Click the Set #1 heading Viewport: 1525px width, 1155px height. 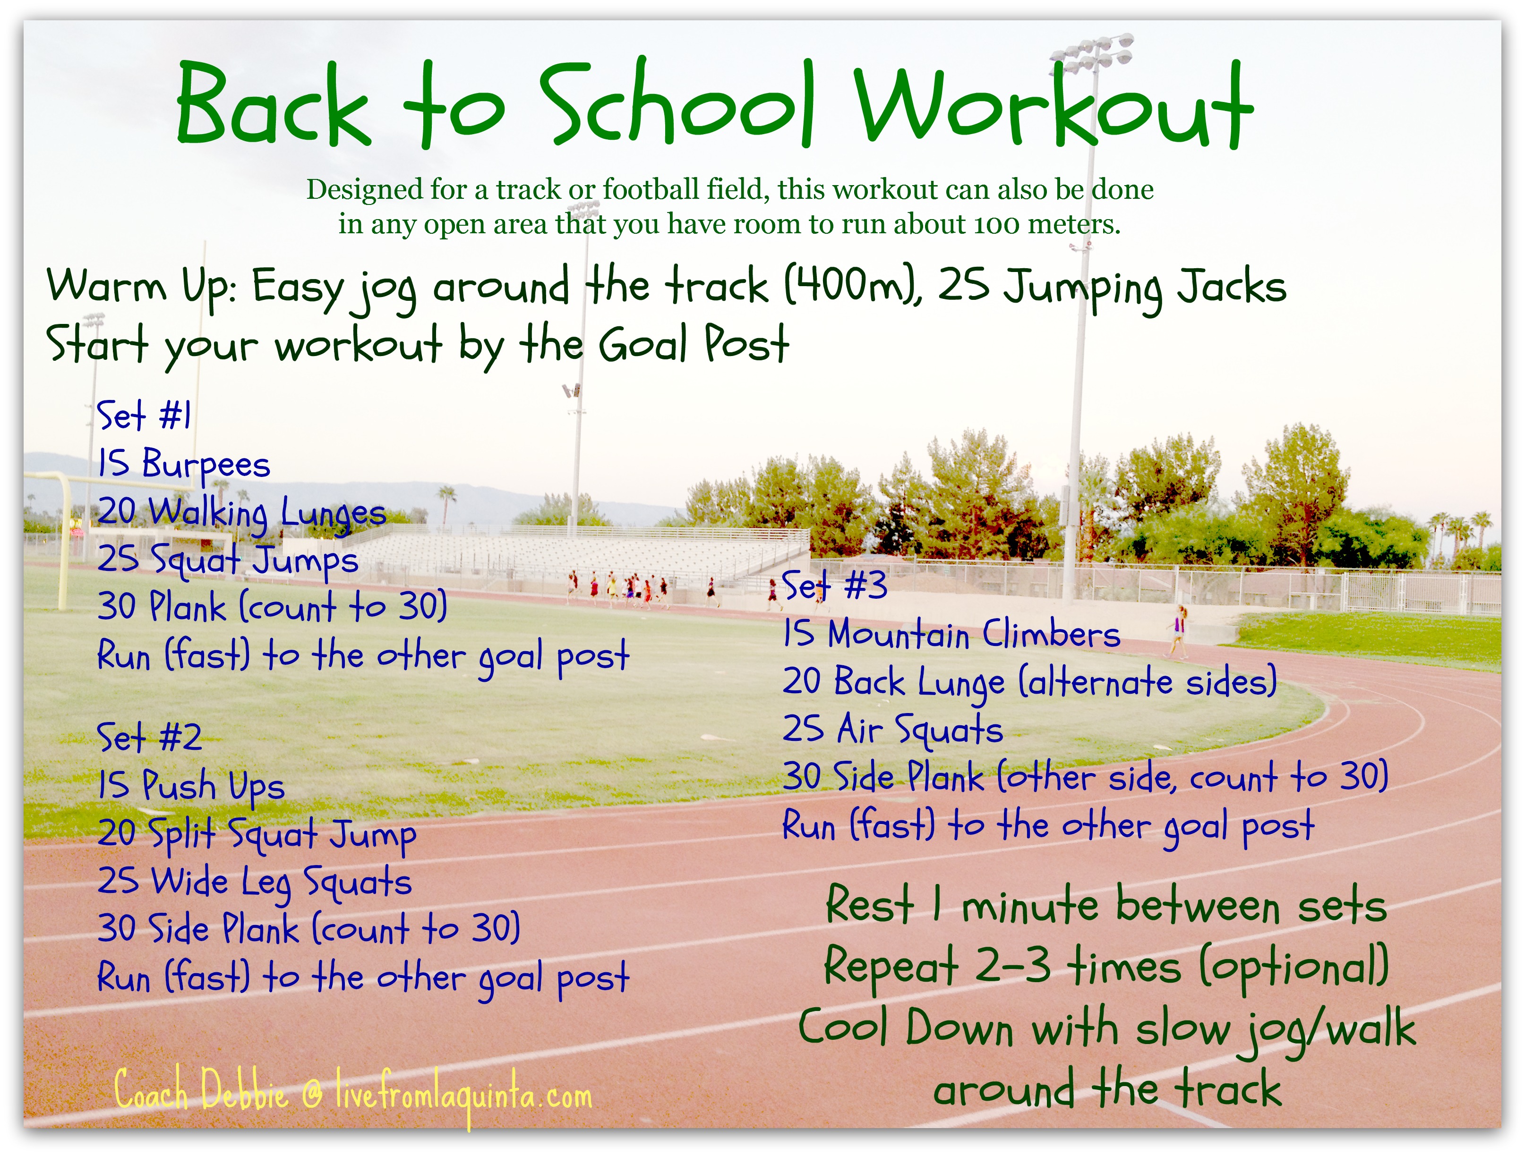(x=144, y=416)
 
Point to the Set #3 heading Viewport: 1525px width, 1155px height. (x=834, y=586)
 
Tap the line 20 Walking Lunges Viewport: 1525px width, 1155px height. (x=241, y=513)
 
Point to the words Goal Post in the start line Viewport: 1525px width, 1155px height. (x=694, y=345)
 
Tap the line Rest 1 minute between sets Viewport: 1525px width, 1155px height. (x=1106, y=904)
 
